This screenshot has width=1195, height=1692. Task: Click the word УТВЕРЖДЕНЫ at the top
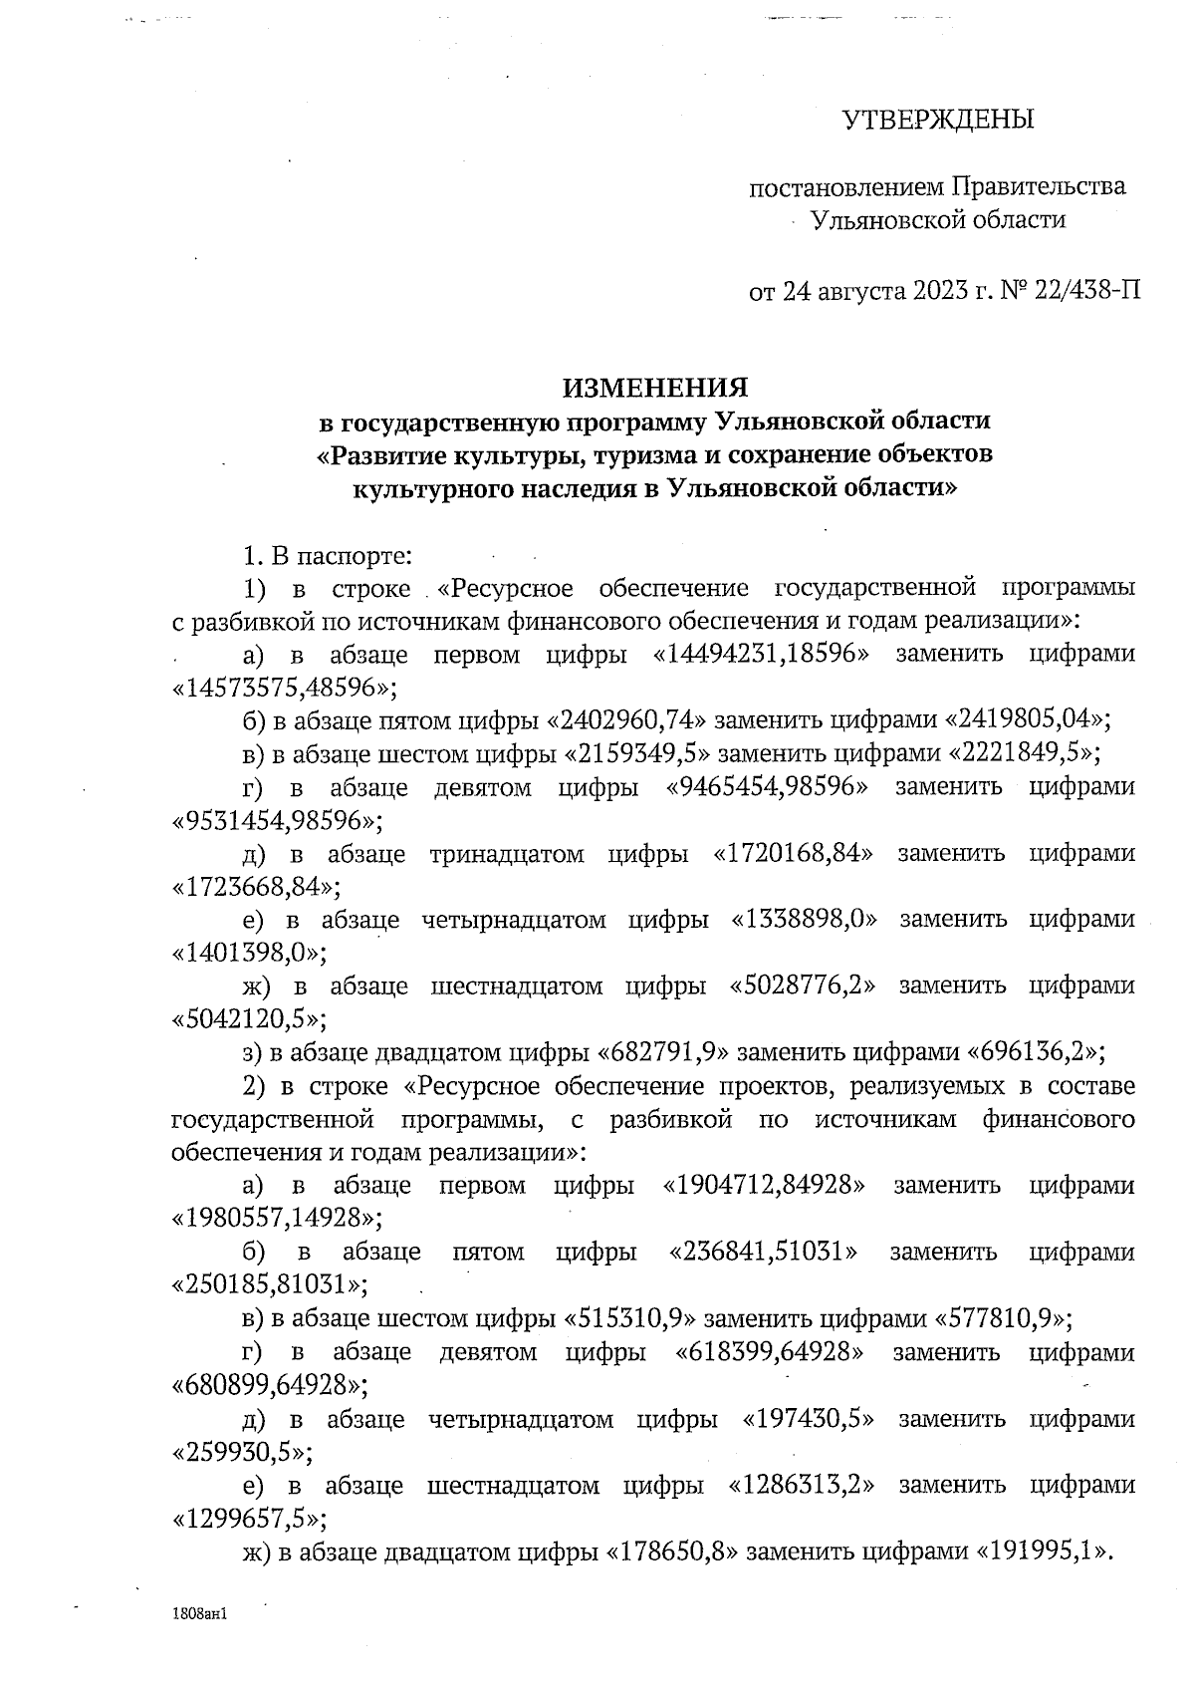[939, 120]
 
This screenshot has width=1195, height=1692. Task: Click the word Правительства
[1040, 186]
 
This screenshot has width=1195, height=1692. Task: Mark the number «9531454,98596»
[278, 821]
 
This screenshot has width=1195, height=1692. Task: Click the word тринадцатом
[507, 854]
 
